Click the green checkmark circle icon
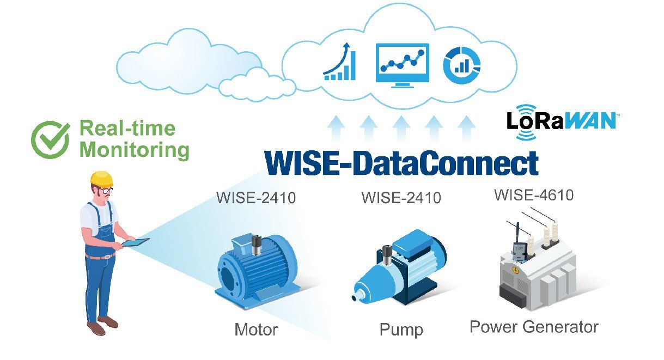coord(50,140)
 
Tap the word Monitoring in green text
coord(135,150)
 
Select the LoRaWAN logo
coord(561,122)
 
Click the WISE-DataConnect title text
coord(401,163)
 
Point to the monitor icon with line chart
coord(402,65)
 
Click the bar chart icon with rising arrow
coord(340,62)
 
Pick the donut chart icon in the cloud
coord(461,65)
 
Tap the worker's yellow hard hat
coord(102,179)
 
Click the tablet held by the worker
coord(136,242)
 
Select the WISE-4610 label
coord(534,196)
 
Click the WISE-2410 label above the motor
coord(256,198)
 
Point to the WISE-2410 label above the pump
coord(401,198)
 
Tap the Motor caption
coord(256,330)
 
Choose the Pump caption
coord(401,330)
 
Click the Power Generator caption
coord(534,327)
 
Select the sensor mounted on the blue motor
coord(256,245)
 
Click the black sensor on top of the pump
coord(387,255)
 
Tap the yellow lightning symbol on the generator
coord(516,270)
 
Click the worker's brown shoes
coord(102,325)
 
